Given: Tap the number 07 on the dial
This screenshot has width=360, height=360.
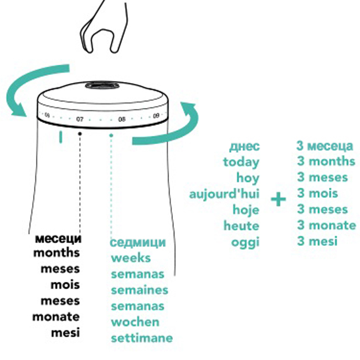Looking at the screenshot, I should click(80, 119).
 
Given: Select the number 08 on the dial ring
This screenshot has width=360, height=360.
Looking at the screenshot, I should click(122, 119).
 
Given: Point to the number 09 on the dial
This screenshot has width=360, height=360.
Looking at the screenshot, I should click(157, 117).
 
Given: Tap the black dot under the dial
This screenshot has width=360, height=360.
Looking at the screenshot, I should click(80, 133).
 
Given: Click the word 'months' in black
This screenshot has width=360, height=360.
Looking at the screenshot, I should click(56, 254).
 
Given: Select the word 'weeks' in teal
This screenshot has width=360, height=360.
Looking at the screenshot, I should click(131, 258).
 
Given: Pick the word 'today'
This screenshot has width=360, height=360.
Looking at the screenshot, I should click(241, 162).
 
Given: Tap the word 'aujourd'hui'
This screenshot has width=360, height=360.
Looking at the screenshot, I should click(224, 194).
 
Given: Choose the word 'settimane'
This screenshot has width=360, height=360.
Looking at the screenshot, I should click(142, 338).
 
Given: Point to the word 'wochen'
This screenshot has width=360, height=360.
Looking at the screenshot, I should click(135, 322).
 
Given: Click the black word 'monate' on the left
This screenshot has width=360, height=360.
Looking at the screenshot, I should click(56, 317).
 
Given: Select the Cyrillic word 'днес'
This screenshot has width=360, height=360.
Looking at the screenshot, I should click(244, 146).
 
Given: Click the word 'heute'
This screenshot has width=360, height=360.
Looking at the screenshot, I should click(241, 226).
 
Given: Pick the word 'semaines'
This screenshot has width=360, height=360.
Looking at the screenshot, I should click(139, 290).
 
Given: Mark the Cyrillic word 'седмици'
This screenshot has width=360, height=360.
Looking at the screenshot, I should click(138, 243).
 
